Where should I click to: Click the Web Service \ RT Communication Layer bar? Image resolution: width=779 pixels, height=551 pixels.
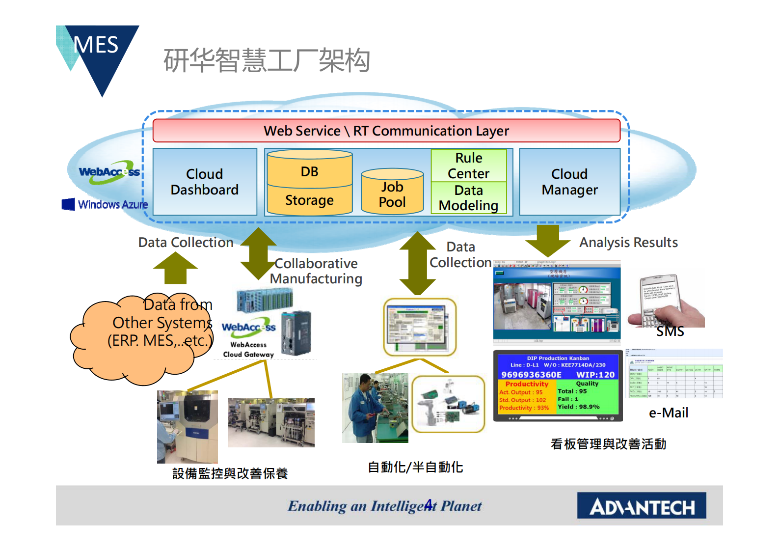(x=386, y=131)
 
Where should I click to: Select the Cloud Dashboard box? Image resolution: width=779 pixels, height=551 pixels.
(x=205, y=182)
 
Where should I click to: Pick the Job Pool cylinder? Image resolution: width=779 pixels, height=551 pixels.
(x=392, y=193)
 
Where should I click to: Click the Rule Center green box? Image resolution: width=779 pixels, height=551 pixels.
(x=469, y=165)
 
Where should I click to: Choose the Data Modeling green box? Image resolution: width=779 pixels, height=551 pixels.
(x=469, y=198)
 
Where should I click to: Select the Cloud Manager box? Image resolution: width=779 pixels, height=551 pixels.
(x=569, y=182)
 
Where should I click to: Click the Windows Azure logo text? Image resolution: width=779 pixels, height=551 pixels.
(x=112, y=204)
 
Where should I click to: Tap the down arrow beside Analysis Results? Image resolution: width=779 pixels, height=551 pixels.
(x=547, y=240)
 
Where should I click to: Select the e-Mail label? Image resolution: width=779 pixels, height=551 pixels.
(x=669, y=413)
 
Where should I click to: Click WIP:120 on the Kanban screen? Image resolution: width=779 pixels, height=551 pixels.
(x=595, y=375)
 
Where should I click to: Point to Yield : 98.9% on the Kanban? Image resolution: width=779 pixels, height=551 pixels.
(x=579, y=407)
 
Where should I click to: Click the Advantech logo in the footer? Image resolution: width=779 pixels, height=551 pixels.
(x=642, y=506)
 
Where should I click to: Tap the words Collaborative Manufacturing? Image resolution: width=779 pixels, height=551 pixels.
(x=316, y=271)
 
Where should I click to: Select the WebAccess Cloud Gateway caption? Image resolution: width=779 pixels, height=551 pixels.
(x=248, y=350)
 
